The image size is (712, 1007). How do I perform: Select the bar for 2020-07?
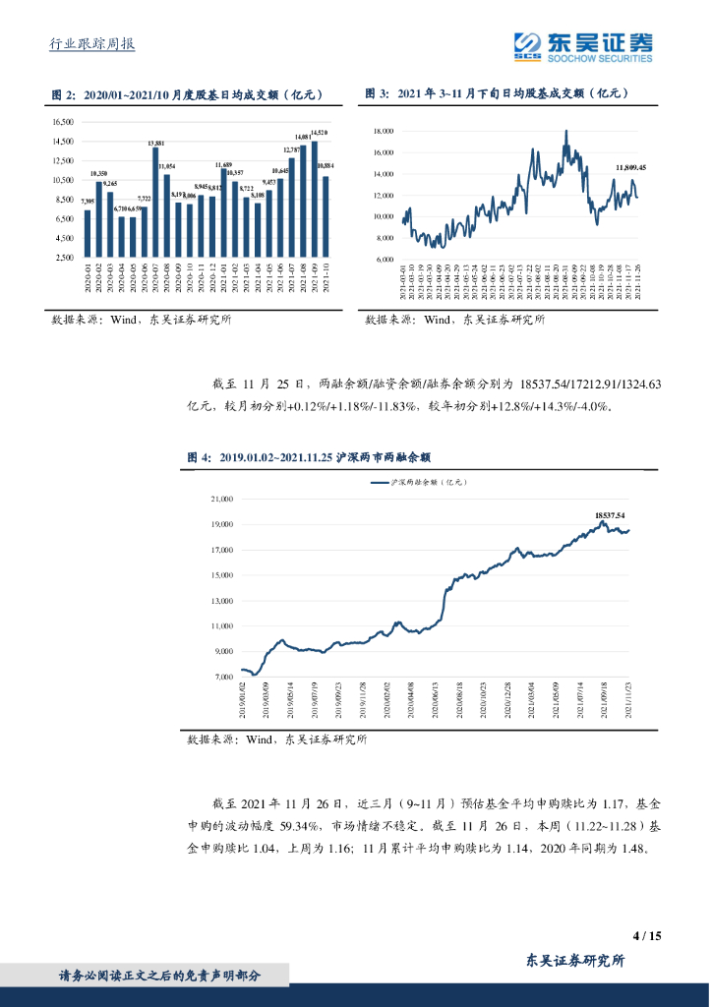[155, 203]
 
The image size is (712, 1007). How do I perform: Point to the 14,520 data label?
[319, 132]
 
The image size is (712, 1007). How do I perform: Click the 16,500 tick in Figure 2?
[62, 122]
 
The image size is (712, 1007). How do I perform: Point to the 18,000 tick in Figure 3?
[384, 131]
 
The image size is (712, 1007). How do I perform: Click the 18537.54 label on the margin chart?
[610, 514]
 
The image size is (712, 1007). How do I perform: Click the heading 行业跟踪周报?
[91, 44]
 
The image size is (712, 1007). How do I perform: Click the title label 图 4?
[200, 457]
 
